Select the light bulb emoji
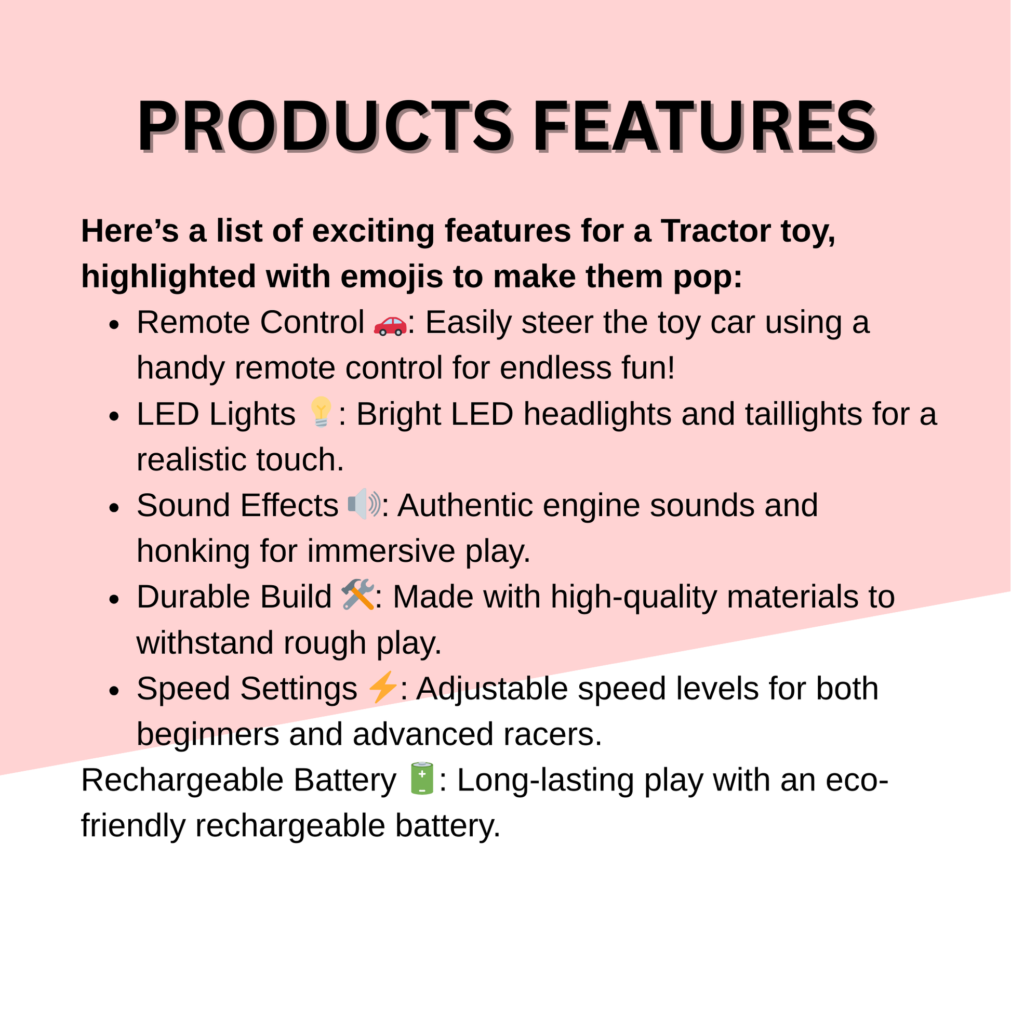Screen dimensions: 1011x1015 click(321, 412)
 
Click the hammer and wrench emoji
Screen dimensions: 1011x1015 click(357, 594)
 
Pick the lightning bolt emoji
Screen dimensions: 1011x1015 click(382, 687)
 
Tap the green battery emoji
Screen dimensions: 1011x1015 click(422, 779)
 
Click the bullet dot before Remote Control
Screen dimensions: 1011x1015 click(114, 325)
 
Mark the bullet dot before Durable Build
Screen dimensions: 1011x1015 click(114, 600)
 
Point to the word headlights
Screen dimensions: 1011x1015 click(597, 415)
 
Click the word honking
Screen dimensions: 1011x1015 click(193, 551)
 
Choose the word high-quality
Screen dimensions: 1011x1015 click(634, 598)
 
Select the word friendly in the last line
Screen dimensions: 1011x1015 click(134, 826)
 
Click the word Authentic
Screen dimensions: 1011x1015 click(465, 505)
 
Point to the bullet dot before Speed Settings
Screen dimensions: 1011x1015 click(114, 691)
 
